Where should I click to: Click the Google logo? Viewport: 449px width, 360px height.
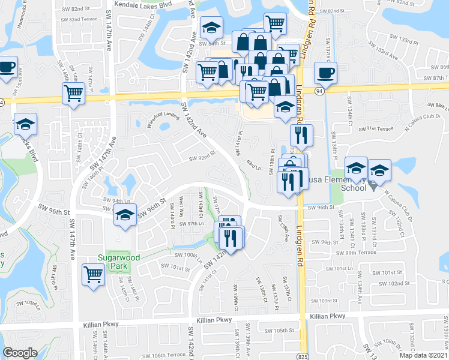click(20, 353)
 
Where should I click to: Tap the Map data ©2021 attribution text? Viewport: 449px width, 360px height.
click(424, 355)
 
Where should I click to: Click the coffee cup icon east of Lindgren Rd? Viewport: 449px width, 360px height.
click(325, 73)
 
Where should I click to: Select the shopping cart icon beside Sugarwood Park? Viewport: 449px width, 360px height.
click(93, 274)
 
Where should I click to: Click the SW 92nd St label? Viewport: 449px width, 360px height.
click(202, 158)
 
